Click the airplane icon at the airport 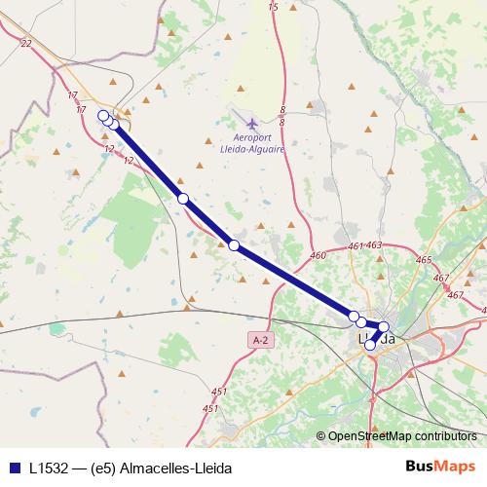pos(252,124)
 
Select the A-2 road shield pos(259,340)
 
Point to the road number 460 pos(318,255)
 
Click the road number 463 pos(375,245)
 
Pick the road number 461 pos(355,246)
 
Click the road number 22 pos(25,43)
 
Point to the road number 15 pos(273,7)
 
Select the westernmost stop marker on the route pos(104,116)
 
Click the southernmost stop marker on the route pos(369,345)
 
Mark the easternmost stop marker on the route pos(384,327)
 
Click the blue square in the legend pos(13,467)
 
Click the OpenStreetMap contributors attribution pos(401,435)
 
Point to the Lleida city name pos(377,339)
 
